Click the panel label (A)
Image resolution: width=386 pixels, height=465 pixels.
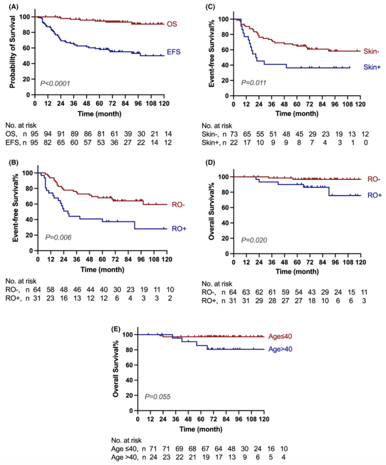click(x=14, y=6)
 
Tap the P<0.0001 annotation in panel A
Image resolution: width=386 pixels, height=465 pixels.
click(x=55, y=84)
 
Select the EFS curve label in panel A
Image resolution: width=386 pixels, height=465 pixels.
click(x=173, y=52)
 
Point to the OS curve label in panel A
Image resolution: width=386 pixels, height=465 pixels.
click(x=172, y=24)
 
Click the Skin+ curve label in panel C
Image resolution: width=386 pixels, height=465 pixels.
click(x=372, y=67)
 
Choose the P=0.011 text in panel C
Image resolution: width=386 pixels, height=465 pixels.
click(x=253, y=83)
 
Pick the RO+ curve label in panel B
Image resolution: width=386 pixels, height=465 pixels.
click(x=179, y=229)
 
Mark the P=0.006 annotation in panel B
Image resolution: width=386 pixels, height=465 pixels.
click(x=58, y=237)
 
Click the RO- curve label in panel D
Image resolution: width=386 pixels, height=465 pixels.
click(x=373, y=179)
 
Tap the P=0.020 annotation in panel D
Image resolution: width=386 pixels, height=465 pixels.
click(x=254, y=240)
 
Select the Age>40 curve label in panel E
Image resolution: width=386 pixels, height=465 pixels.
click(x=280, y=349)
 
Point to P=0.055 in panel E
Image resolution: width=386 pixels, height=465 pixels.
click(x=157, y=397)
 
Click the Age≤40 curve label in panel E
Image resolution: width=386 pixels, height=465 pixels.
click(x=280, y=336)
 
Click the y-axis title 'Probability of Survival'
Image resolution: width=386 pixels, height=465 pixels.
click(x=13, y=52)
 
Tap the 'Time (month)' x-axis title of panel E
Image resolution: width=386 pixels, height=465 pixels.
click(x=201, y=429)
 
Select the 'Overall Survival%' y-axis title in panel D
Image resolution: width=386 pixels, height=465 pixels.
click(x=212, y=211)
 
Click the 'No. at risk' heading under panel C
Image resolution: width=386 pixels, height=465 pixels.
click(x=217, y=126)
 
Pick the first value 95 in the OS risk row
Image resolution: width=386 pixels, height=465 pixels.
click(x=34, y=134)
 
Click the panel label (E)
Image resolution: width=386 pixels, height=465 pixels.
click(x=116, y=329)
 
